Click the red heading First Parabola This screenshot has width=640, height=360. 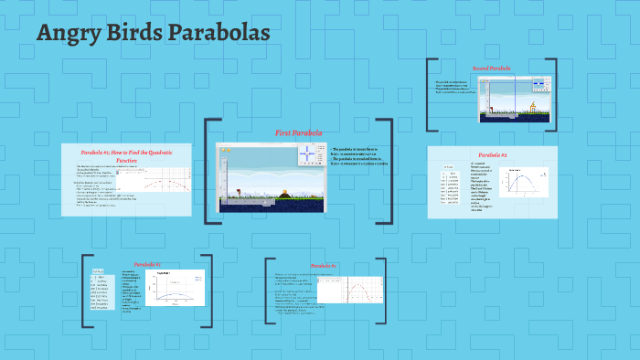point(299,133)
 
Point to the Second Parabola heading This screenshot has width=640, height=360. point(492,69)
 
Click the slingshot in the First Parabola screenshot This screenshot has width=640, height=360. point(240,193)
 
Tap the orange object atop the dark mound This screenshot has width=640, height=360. point(284,192)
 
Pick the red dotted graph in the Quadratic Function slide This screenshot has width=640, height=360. point(158,185)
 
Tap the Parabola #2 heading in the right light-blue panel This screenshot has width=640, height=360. point(493,155)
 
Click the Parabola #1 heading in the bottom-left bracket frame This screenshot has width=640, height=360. point(147,264)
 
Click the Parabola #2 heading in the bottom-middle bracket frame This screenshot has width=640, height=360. point(324,266)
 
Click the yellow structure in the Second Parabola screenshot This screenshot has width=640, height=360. point(533,106)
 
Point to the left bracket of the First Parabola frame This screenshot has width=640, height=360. point(208,171)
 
